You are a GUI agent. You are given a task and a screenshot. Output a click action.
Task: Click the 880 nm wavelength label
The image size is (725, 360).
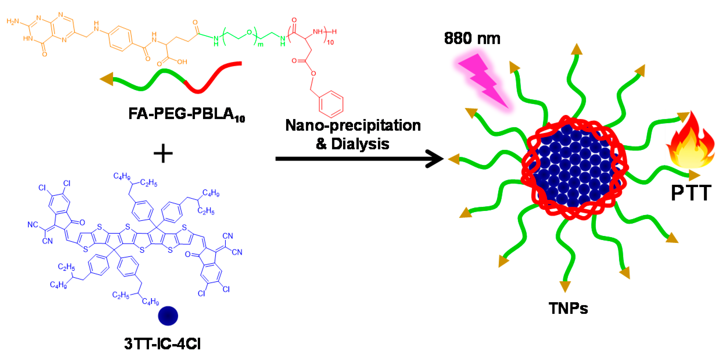(472, 38)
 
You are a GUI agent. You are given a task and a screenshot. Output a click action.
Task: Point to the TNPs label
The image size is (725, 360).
(568, 308)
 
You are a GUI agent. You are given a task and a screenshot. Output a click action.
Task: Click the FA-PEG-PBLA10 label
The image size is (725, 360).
(186, 114)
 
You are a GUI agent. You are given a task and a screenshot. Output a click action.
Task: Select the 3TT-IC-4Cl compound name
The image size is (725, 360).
(162, 344)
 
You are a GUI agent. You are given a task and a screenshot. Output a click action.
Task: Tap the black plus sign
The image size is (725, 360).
(163, 153)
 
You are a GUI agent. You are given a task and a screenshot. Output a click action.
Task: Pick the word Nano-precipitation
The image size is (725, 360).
(353, 126)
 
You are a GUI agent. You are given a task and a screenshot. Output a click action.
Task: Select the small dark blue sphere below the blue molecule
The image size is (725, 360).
(168, 316)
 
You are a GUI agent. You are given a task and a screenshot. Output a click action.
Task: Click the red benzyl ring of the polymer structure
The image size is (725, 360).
(331, 104)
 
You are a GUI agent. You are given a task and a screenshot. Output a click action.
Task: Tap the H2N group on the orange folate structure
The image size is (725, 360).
(13, 22)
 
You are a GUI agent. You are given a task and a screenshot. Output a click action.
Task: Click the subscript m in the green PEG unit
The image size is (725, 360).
(261, 45)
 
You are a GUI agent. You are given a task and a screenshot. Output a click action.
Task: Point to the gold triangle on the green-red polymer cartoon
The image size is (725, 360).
(107, 79)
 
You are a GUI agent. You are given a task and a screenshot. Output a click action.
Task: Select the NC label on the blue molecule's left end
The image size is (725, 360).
(33, 224)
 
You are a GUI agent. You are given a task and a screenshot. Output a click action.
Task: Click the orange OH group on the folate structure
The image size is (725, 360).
(182, 62)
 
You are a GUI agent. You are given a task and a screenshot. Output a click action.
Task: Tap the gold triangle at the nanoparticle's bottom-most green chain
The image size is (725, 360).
(565, 286)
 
